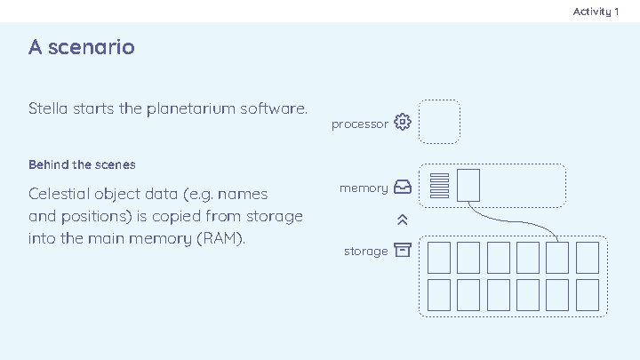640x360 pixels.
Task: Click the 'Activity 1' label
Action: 596,12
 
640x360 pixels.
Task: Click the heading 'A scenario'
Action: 82,47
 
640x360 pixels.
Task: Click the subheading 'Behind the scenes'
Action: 82,165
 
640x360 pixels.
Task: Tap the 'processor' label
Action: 359,124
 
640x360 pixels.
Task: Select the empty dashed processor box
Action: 438,122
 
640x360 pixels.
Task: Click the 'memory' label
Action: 364,188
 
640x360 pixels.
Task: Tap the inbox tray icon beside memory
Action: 403,188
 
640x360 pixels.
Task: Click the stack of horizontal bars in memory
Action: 438,185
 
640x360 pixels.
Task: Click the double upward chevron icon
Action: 403,220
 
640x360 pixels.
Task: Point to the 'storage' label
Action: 365,252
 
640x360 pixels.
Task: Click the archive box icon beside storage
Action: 403,250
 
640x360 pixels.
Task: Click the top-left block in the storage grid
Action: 438,257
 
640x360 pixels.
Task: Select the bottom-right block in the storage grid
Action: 587,293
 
